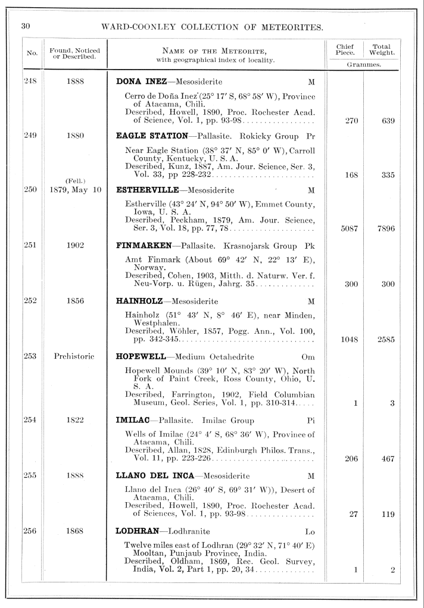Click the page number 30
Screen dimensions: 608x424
pyautogui.click(x=25, y=26)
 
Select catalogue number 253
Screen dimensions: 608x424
pyautogui.click(x=30, y=356)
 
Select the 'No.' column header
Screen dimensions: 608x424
pyautogui.click(x=31, y=52)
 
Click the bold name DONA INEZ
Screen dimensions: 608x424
pyautogui.click(x=142, y=81)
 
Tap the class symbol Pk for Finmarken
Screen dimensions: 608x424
pyautogui.click(x=309, y=245)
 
